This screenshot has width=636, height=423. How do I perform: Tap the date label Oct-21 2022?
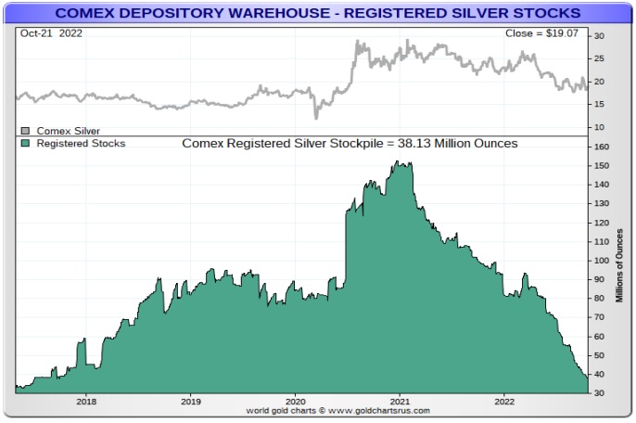click(45, 32)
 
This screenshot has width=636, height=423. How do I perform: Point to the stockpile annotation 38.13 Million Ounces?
click(350, 144)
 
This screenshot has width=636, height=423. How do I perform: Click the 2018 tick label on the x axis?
click(86, 402)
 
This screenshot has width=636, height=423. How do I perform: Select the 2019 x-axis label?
click(190, 402)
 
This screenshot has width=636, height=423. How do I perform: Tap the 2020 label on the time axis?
click(295, 402)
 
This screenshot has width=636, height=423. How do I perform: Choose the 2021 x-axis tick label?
click(400, 402)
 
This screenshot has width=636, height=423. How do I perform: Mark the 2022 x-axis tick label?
click(503, 402)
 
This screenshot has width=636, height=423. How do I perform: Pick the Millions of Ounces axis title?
click(620, 263)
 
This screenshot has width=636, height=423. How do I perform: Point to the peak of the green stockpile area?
click(397, 163)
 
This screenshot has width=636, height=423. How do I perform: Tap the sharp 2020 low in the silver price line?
click(316, 118)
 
